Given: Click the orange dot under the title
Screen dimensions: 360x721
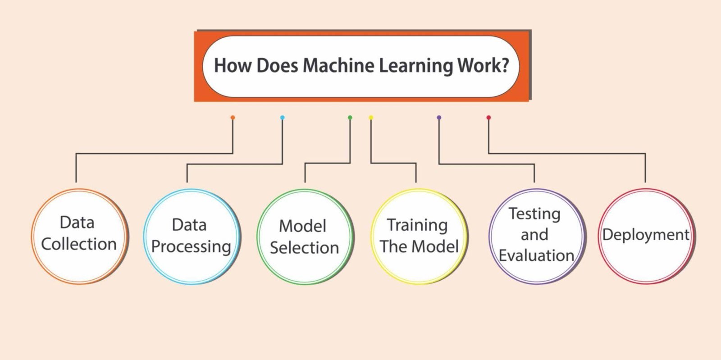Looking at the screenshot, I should coord(233,118).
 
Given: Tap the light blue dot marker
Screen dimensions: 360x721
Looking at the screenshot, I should coord(282,118).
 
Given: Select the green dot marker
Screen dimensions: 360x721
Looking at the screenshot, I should coord(350,118).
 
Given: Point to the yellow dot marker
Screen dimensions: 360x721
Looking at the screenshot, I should coord(371,118).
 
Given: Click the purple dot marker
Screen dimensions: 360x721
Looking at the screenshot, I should coord(439,118).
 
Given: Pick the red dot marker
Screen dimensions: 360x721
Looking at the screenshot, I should coord(488,118).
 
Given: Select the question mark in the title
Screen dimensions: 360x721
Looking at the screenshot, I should coord(505,65).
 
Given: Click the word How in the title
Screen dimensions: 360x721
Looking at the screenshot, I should coord(232,65).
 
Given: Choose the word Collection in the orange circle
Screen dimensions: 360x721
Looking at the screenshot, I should coord(79,244).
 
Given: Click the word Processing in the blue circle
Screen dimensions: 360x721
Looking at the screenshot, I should coord(191,247).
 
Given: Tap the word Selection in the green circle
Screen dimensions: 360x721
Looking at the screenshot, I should coord(304,248).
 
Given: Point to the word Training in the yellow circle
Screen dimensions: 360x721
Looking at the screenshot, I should coord(417,225).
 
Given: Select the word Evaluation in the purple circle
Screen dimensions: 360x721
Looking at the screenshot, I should coord(536,255).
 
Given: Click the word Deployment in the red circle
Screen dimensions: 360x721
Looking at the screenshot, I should coord(646,235).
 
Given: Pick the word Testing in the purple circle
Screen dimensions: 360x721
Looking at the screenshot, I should coord(534,214).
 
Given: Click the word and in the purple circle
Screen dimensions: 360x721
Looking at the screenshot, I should coord(534,235).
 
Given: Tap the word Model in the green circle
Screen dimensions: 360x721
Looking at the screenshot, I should coord(302,226).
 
